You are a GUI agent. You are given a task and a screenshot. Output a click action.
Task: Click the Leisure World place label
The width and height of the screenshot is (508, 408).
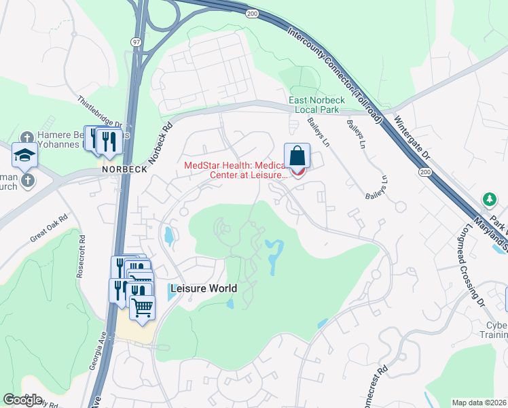(204, 288)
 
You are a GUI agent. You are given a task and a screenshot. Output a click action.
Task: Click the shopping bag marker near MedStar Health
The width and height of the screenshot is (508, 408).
(297, 156)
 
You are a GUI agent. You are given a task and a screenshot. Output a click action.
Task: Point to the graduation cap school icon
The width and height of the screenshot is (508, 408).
(24, 156)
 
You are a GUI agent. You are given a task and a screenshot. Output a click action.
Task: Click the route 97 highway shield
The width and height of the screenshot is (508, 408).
(137, 42)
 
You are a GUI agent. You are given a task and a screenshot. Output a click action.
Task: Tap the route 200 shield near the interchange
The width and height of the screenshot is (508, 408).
(251, 14)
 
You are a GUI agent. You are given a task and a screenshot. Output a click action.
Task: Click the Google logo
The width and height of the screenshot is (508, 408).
(22, 400)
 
